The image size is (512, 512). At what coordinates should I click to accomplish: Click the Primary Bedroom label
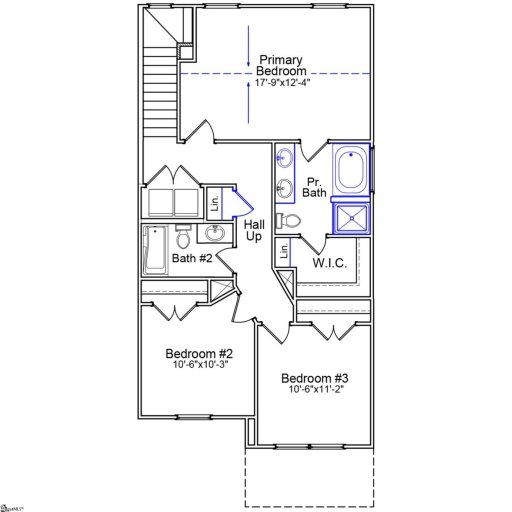click(x=281, y=66)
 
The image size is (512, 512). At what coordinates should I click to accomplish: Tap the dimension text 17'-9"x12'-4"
click(x=282, y=84)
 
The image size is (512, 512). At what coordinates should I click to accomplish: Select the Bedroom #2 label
click(x=199, y=353)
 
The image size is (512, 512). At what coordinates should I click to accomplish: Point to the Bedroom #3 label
click(x=314, y=378)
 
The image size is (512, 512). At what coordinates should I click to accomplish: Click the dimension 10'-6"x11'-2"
click(x=314, y=391)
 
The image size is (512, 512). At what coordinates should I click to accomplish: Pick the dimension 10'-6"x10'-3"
click(x=199, y=365)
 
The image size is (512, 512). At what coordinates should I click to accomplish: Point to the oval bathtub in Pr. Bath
click(x=350, y=169)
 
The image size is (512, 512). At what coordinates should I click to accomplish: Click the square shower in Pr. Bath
click(x=351, y=217)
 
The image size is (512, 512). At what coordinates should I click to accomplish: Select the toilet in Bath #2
click(x=183, y=240)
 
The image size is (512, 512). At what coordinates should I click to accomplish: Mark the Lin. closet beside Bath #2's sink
click(x=214, y=204)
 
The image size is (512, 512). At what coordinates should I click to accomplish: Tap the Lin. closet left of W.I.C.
click(x=285, y=253)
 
